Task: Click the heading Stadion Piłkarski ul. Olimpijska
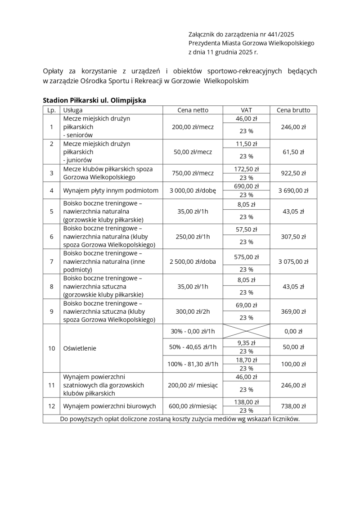(94, 100)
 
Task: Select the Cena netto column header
(193, 110)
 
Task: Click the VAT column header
(246, 110)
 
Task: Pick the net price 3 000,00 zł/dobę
(193, 190)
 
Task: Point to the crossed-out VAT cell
(246, 331)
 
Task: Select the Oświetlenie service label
(80, 348)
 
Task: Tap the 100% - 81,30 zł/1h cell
(193, 364)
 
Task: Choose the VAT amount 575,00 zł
(246, 257)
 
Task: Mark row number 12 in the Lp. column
(51, 406)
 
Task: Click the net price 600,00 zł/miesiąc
(193, 406)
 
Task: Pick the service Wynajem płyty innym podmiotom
(111, 190)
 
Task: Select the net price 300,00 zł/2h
(193, 311)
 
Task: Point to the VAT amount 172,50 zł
(246, 169)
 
